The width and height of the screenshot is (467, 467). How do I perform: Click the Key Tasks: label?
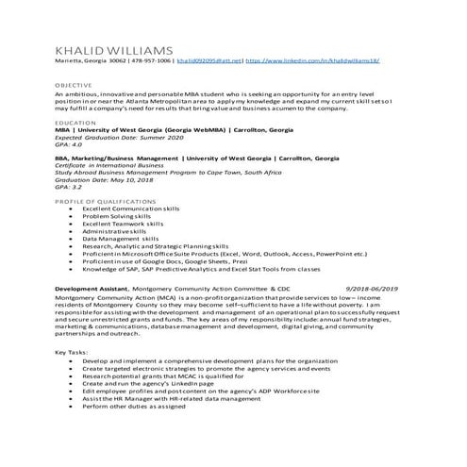[73, 352]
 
